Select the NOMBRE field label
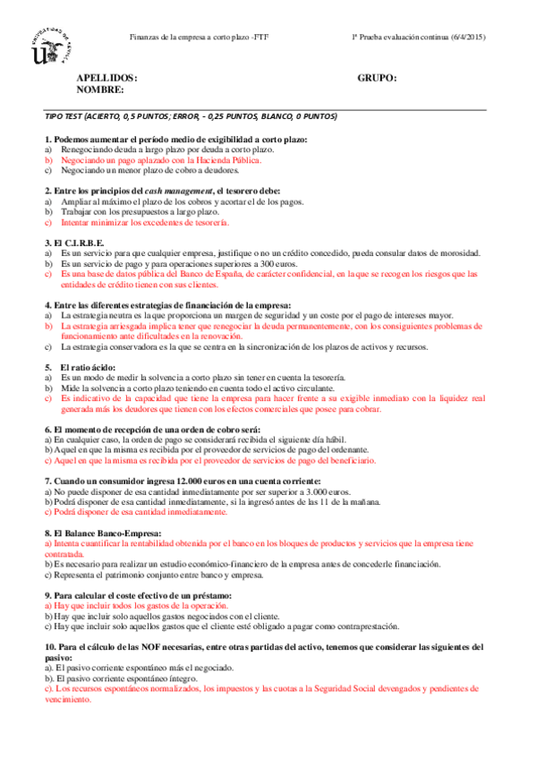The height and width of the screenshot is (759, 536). (101, 90)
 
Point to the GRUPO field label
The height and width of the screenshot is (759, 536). (377, 79)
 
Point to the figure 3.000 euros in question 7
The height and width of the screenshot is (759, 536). (329, 491)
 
